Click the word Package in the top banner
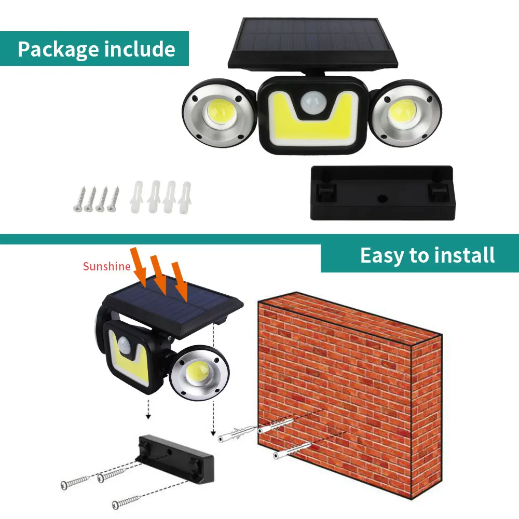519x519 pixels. (58, 49)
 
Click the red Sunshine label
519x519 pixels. (106, 267)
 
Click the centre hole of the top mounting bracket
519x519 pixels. (381, 198)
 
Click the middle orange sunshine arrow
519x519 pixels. (158, 275)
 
